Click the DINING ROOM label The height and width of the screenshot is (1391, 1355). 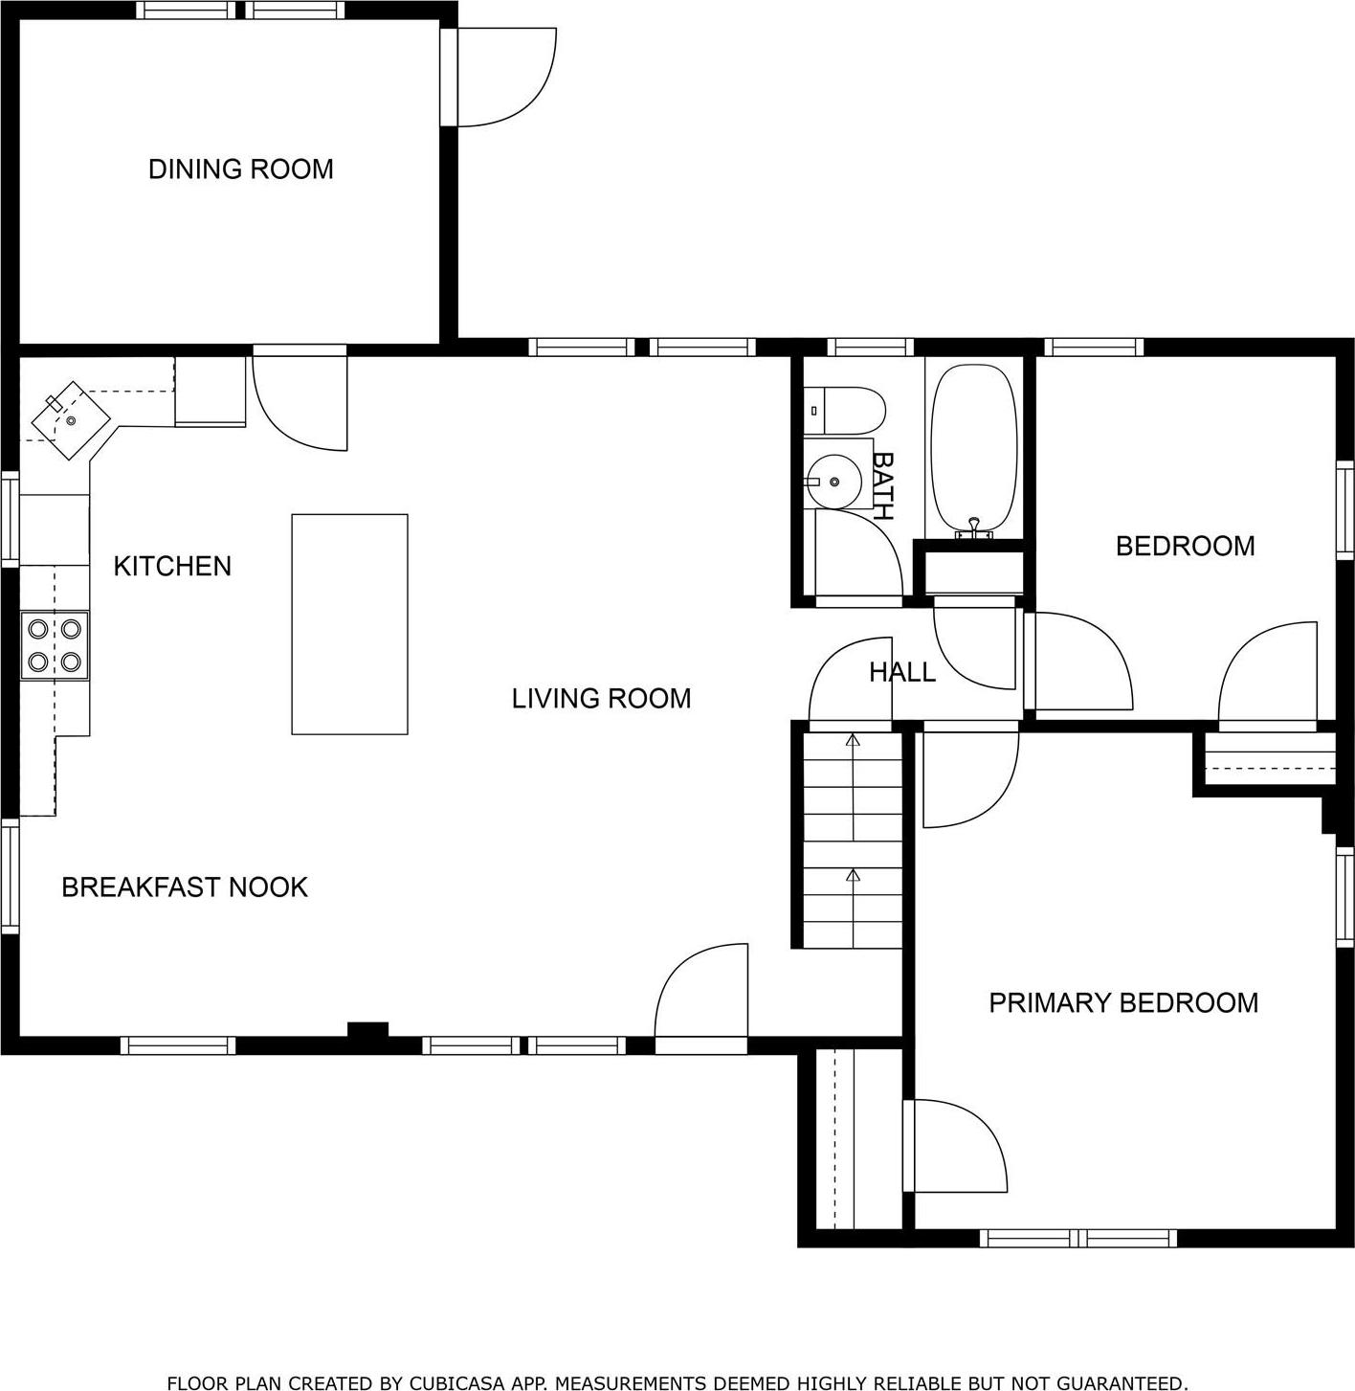point(240,169)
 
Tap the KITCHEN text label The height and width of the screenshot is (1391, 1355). point(172,566)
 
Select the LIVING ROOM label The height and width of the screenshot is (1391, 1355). point(601,699)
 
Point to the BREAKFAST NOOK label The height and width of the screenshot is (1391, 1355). point(185,887)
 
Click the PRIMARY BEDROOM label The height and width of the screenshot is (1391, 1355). point(1123,1003)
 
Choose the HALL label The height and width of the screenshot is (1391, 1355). point(901,672)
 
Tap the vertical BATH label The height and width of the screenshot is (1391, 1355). point(881,485)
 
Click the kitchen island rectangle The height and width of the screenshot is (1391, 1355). point(349,624)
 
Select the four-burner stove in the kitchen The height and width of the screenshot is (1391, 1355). point(55,645)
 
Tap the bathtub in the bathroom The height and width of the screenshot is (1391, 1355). point(974,448)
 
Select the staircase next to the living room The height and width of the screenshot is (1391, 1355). point(852,841)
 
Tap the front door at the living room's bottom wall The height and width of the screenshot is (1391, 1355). point(701,996)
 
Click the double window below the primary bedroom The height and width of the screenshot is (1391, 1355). point(1078,1238)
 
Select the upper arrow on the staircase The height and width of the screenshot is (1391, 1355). point(853,740)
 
